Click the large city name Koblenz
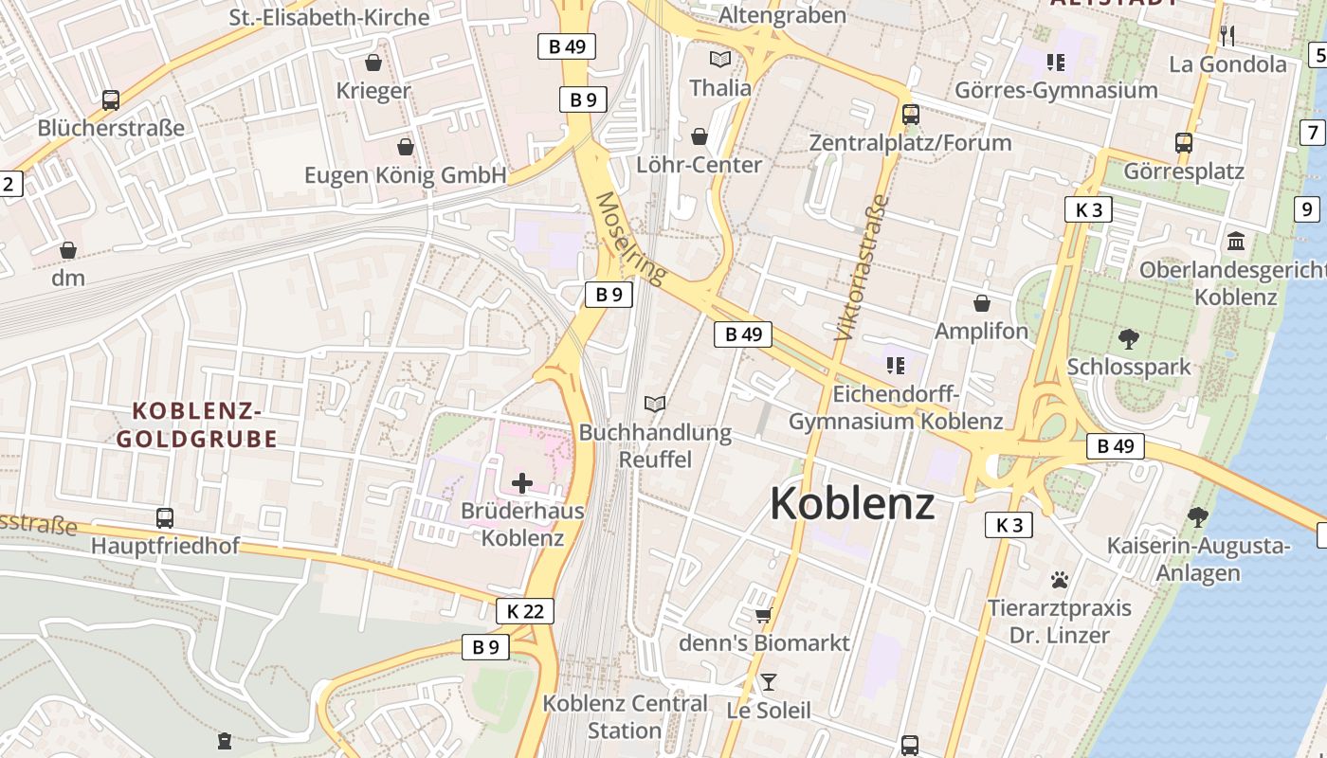(x=852, y=504)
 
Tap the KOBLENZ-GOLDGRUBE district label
(x=196, y=424)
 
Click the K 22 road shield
(x=525, y=611)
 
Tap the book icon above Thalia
(x=720, y=60)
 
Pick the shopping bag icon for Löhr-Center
(x=700, y=136)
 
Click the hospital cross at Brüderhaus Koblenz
(x=521, y=483)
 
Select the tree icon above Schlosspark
(x=1128, y=338)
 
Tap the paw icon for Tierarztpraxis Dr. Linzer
(x=1060, y=579)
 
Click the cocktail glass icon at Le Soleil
(x=769, y=682)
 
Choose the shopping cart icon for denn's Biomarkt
(x=764, y=616)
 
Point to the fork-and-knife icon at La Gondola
(x=1227, y=36)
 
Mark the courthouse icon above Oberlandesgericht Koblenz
(x=1236, y=241)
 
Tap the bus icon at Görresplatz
(x=1184, y=143)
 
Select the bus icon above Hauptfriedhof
(x=165, y=518)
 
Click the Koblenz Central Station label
(x=625, y=716)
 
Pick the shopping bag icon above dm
(x=68, y=250)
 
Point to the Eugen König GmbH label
(x=406, y=175)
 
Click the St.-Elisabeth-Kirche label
(x=329, y=17)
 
